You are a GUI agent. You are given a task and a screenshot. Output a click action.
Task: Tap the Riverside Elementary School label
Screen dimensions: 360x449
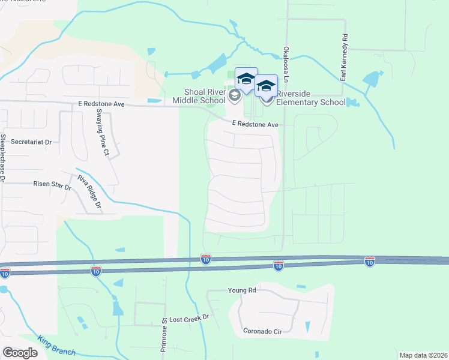(311, 97)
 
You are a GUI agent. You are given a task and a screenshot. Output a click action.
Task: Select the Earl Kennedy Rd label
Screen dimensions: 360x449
(345, 58)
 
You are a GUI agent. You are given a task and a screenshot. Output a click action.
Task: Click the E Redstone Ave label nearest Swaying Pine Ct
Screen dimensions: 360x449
(101, 104)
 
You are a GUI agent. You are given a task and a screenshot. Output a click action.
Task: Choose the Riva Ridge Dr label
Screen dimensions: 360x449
(89, 193)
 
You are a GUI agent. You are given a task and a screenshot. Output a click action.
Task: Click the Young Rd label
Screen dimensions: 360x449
(242, 290)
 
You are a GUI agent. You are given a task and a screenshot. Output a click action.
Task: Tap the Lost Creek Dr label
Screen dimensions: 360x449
(188, 317)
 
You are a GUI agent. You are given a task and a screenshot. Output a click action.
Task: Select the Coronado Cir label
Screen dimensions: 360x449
(262, 331)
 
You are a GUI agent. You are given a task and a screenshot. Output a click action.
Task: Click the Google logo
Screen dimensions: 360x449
(20, 353)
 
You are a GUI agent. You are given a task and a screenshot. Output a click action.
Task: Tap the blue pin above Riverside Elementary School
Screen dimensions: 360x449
(266, 86)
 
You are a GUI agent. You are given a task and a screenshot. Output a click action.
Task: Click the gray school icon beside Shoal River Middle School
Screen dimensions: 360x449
(234, 95)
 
